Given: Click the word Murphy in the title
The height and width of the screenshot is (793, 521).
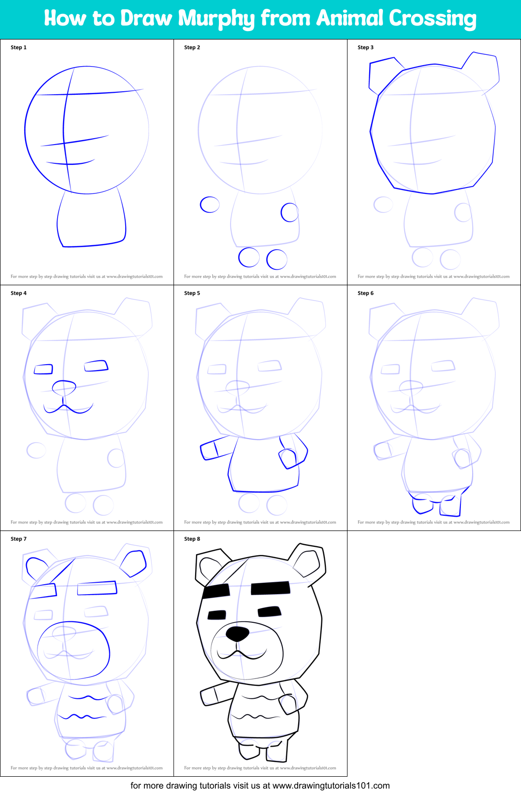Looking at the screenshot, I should click(x=216, y=19).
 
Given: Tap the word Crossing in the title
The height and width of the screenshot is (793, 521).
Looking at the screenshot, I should click(x=432, y=19).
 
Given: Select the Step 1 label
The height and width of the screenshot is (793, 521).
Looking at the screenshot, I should click(x=19, y=47).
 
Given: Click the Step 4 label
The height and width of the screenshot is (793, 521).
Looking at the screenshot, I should click(x=19, y=293).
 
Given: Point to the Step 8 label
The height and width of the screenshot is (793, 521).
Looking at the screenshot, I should click(x=192, y=539).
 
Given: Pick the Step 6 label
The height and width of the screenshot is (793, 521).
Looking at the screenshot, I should click(x=366, y=293).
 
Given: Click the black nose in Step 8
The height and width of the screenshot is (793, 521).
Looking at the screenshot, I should click(x=238, y=634).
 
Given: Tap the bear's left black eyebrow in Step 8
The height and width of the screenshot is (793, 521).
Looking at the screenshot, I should click(x=216, y=591).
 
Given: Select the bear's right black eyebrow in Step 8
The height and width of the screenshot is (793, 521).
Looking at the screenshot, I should click(x=271, y=588).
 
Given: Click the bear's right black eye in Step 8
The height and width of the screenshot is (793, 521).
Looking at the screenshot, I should click(x=270, y=612).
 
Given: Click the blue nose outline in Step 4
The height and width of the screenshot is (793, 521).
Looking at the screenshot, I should click(x=64, y=388).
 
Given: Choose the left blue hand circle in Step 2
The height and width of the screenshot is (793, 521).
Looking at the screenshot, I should click(x=209, y=204).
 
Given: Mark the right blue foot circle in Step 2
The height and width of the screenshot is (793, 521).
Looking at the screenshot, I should click(x=277, y=259).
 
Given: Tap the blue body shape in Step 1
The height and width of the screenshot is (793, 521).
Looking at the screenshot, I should click(x=91, y=220).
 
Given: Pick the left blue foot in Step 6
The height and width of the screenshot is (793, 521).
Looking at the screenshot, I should click(x=422, y=504).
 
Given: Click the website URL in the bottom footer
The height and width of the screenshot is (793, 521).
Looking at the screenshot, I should click(x=331, y=786).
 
